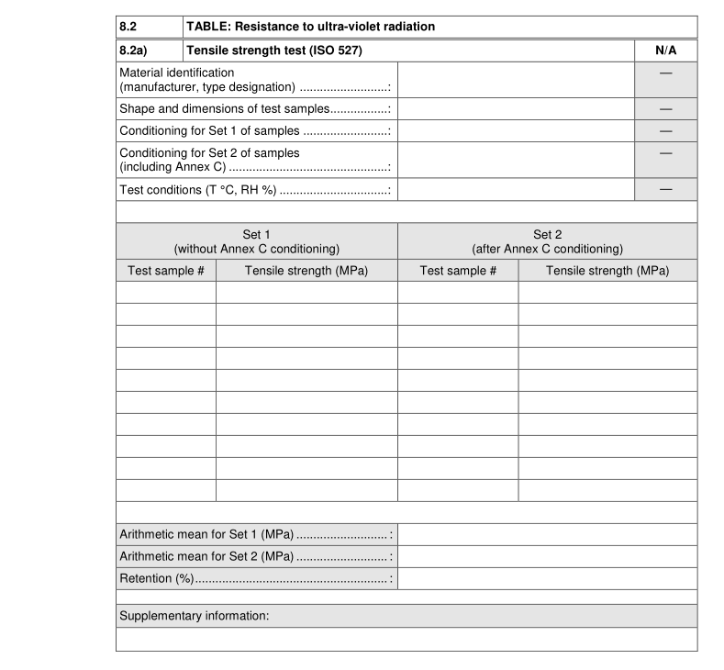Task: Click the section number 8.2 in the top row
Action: [130, 27]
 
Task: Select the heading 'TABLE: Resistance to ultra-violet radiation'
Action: [310, 27]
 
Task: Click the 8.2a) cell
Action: [134, 50]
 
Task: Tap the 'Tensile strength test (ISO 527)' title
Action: [274, 50]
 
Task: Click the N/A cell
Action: [665, 50]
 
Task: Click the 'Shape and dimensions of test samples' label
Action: [225, 109]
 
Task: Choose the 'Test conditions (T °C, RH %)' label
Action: [197, 190]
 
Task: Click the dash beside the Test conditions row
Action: [665, 189]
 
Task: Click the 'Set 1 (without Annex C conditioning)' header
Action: [257, 241]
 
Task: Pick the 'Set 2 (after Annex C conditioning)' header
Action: [547, 241]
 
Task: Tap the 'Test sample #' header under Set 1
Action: [166, 271]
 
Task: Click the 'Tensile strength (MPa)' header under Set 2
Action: [607, 271]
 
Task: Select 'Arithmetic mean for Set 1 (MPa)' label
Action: [206, 534]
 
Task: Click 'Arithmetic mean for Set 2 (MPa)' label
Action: [206, 556]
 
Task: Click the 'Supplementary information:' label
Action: [194, 616]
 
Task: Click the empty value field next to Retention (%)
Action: [547, 579]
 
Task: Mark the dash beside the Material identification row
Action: [665, 73]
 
